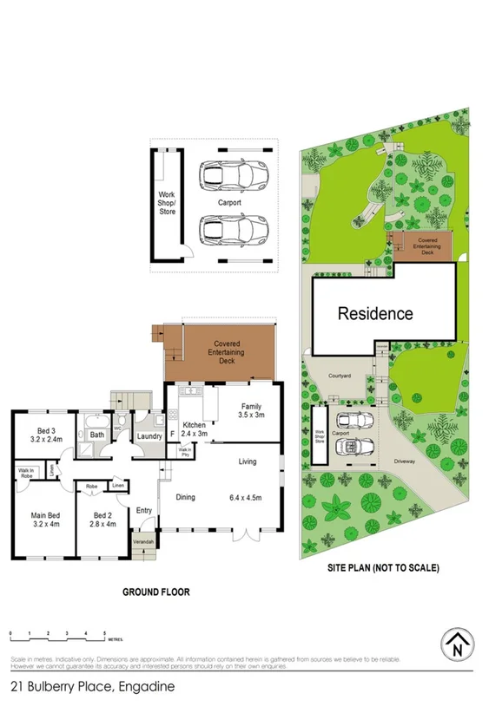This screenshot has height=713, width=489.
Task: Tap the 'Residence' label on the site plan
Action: pyautogui.click(x=375, y=313)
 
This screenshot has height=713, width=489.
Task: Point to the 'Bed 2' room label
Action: pyautogui.click(x=104, y=519)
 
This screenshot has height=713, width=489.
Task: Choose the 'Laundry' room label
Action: pyautogui.click(x=150, y=435)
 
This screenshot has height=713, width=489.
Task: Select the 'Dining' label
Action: pyautogui.click(x=185, y=497)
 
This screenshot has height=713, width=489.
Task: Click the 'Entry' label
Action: pyautogui.click(x=145, y=510)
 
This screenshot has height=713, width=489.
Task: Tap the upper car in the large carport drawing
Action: pyautogui.click(x=230, y=176)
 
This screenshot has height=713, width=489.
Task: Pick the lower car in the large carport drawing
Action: pyautogui.click(x=230, y=230)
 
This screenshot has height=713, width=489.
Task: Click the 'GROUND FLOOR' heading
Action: pyautogui.click(x=156, y=593)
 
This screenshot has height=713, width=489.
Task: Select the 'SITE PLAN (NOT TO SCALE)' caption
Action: pyautogui.click(x=383, y=568)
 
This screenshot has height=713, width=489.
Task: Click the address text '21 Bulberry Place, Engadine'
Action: pyautogui.click(x=93, y=686)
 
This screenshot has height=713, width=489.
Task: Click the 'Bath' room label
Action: pyautogui.click(x=97, y=435)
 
